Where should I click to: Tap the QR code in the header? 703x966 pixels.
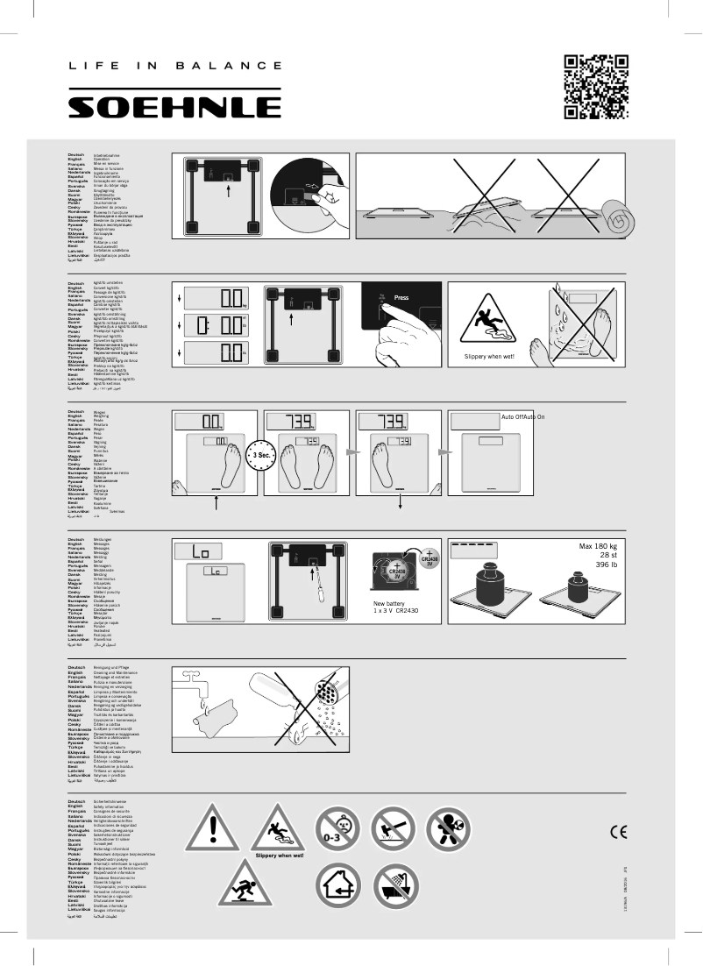click(596, 86)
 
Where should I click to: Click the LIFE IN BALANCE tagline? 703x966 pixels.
click(174, 66)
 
